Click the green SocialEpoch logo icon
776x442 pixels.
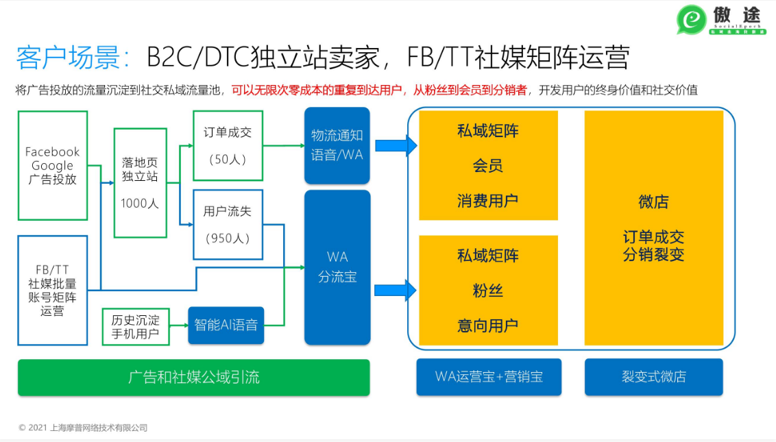coord(691,21)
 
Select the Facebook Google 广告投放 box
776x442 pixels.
coord(53,165)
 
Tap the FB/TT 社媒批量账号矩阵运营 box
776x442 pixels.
coord(53,291)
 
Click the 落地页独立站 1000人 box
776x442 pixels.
coord(141,183)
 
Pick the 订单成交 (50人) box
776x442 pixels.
coord(228,146)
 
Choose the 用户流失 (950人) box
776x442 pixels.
coord(228,225)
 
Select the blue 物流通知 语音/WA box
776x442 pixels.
coord(337,145)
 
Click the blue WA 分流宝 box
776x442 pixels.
coord(337,267)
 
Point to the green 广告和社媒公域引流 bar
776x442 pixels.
coord(193,378)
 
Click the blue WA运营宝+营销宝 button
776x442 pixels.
coord(489,377)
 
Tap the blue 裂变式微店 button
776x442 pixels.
coord(653,377)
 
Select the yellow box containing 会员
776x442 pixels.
coord(488,165)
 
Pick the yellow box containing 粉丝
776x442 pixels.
coord(488,291)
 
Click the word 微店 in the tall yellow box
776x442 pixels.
coord(653,202)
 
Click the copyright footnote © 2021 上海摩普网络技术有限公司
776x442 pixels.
coord(83,428)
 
